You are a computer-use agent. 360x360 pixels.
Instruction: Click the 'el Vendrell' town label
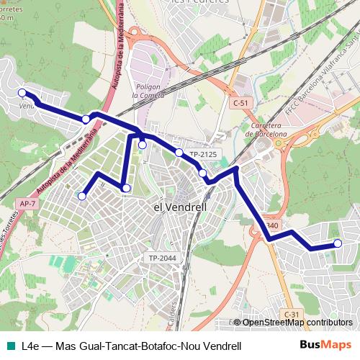[x=181, y=207]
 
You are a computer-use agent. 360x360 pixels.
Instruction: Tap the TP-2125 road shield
[x=203, y=155]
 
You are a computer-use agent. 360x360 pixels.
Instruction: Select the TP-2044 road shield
[x=163, y=258]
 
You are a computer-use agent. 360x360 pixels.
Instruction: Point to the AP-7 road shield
[x=28, y=204]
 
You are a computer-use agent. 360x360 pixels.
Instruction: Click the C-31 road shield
[x=291, y=314]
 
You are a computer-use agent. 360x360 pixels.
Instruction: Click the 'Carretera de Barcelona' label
[x=266, y=129]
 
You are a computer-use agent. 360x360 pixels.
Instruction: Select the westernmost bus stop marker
[x=22, y=92]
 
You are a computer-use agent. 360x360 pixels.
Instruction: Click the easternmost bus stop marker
[x=336, y=243]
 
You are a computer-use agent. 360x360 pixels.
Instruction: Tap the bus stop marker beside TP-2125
[x=179, y=152]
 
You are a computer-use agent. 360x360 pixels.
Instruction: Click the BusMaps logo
[x=325, y=345]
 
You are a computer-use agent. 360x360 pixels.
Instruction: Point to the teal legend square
[x=11, y=346]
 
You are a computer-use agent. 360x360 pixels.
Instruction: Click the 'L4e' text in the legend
[x=32, y=346]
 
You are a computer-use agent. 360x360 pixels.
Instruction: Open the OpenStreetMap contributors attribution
[x=297, y=323]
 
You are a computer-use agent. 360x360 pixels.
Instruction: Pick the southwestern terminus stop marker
[x=82, y=195]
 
